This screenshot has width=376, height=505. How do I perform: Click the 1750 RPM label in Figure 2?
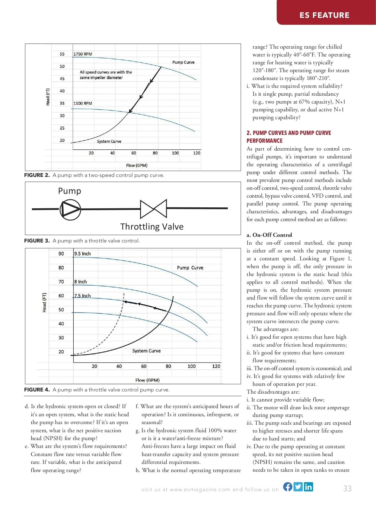tap(83, 54)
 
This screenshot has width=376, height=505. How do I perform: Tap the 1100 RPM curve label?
tap(83, 103)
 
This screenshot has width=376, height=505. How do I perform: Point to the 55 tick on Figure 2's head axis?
tap(62, 54)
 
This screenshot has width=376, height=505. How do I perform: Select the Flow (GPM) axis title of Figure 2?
tap(137, 165)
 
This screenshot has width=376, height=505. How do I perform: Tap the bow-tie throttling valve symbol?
tap(154, 209)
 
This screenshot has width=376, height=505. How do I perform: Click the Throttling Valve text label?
tap(152, 226)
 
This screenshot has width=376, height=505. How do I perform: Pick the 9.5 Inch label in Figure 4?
tap(82, 253)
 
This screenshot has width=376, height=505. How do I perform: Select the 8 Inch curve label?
tap(81, 282)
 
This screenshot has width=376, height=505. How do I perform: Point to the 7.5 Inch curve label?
tap(82, 295)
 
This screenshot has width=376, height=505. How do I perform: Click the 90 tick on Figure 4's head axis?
tap(61, 253)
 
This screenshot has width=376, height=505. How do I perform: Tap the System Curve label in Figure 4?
tap(146, 351)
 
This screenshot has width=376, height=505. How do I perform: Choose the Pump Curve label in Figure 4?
tap(190, 268)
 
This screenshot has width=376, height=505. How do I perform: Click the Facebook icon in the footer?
tap(288, 486)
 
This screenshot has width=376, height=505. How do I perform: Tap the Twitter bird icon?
tap(298, 486)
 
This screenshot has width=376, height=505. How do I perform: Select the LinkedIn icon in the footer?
tap(308, 486)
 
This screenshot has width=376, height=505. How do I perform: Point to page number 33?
tap(347, 488)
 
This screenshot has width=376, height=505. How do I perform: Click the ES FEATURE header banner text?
tap(324, 15)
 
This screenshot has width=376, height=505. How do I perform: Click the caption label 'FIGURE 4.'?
tap(37, 390)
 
